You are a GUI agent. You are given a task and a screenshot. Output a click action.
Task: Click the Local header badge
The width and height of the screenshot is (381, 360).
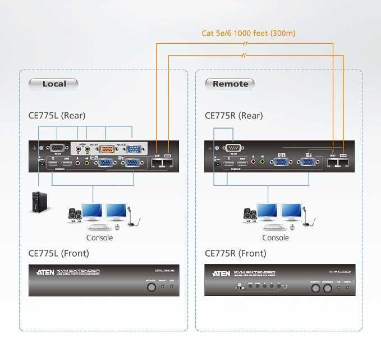54,84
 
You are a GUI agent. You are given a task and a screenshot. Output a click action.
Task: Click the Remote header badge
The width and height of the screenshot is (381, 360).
230,84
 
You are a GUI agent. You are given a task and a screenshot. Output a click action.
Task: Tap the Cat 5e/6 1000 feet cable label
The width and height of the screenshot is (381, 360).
248,33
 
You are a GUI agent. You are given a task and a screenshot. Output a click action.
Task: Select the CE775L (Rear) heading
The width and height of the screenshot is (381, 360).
57,116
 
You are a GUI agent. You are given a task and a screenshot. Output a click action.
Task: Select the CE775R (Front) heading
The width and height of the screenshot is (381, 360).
236,253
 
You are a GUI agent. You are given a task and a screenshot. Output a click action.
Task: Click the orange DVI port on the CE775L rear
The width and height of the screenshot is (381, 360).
110,149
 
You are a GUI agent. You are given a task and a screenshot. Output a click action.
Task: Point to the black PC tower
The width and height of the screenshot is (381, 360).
38,203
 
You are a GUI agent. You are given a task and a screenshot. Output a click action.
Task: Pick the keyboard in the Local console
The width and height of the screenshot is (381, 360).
99,227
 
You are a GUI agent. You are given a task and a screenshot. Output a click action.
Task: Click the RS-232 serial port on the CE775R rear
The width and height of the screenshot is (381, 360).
232,148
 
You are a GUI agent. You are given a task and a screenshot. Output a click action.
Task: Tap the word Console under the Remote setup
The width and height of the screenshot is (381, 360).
276,238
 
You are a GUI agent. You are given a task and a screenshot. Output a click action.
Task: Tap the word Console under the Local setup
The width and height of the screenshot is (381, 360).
99,238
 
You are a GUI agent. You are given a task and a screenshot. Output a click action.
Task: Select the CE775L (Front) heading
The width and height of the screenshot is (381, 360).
59,253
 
